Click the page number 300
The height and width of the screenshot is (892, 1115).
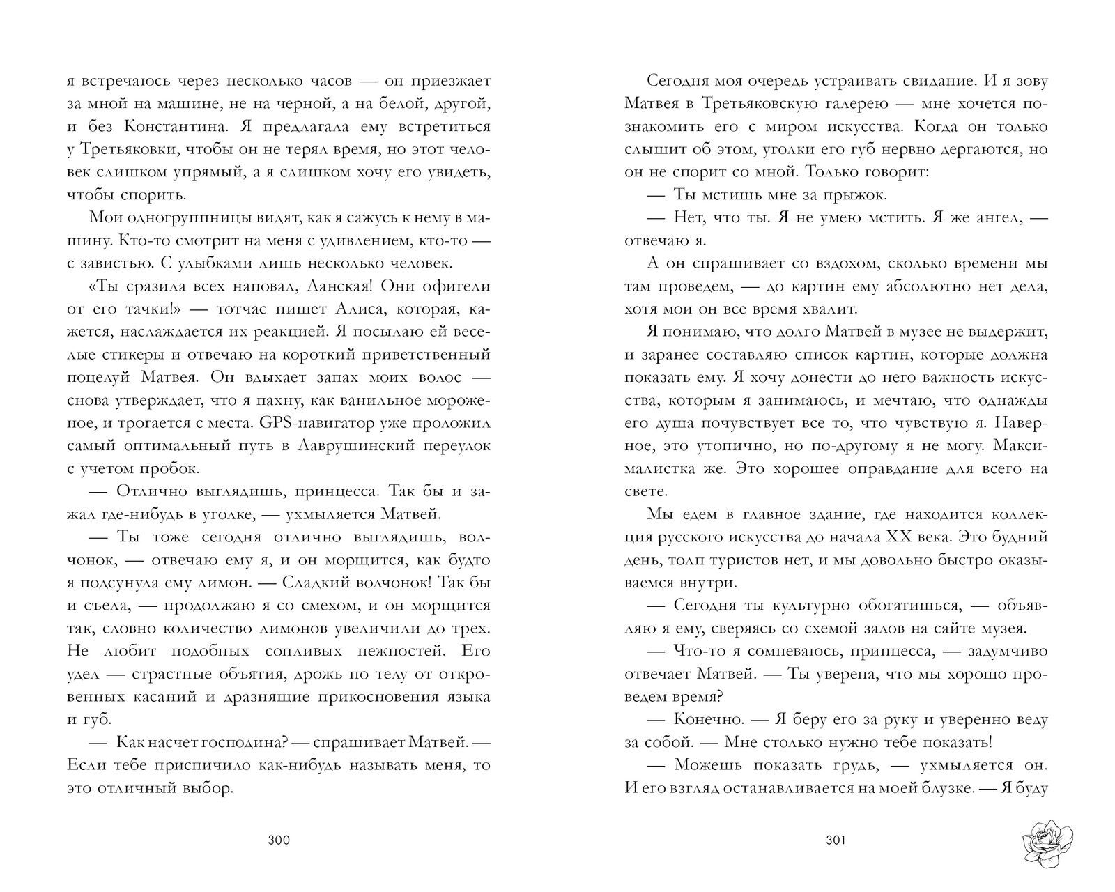[278, 840]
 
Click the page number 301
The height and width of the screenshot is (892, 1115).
[835, 840]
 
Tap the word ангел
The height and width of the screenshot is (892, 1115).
[993, 217]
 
